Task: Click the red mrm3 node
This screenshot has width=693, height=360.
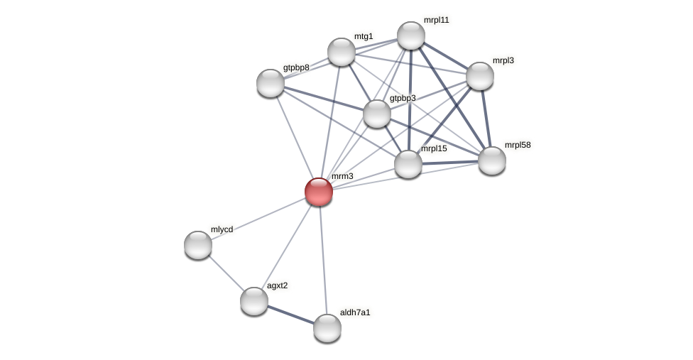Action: coord(319,192)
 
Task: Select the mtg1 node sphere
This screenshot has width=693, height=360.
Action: coord(342,52)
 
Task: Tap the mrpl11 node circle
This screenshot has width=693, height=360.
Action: coord(411,36)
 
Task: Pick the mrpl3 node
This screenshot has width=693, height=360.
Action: coord(480,76)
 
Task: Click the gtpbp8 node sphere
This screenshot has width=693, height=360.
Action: coord(271,83)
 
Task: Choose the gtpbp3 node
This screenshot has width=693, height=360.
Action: coord(377,114)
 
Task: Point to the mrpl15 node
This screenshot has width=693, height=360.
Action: coord(408,164)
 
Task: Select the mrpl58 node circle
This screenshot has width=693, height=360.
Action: coord(492,160)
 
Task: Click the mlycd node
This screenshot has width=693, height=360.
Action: coord(198,245)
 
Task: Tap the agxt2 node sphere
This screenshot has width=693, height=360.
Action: coord(254,301)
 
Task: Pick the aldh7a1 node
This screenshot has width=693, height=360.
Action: coord(327,328)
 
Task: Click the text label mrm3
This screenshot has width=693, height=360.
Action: coord(342,176)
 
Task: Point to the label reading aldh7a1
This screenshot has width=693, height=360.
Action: coord(355,312)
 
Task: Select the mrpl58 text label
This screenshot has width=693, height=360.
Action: coord(518,146)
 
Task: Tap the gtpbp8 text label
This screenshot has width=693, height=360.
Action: coord(296,68)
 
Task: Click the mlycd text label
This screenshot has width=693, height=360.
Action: coord(222,229)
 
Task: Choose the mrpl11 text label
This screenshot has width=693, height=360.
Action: coord(436,20)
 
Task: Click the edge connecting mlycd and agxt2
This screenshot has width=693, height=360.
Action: coord(226,273)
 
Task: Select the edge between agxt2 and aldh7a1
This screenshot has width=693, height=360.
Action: coord(290,315)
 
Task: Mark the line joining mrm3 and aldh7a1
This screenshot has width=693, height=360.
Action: coord(323,260)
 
